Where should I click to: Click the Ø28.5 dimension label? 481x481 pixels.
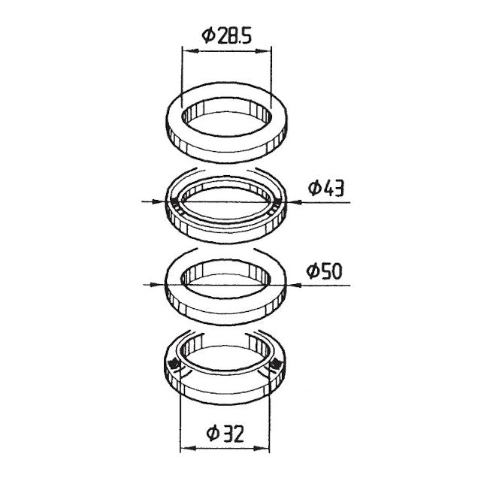coord(227,35)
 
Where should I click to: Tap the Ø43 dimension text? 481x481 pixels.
coord(326,188)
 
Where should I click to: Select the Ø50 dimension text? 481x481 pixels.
coord(324,271)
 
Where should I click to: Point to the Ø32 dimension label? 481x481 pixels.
coord(225,433)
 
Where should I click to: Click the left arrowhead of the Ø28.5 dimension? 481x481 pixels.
coord(189,51)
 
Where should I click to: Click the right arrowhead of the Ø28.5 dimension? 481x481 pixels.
coord(264,51)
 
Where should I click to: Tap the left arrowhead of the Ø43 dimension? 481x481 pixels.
coord(159,201)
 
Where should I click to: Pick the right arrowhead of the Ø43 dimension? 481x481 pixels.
coord(294,202)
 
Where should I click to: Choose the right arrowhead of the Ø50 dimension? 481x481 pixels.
coord(295,286)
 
